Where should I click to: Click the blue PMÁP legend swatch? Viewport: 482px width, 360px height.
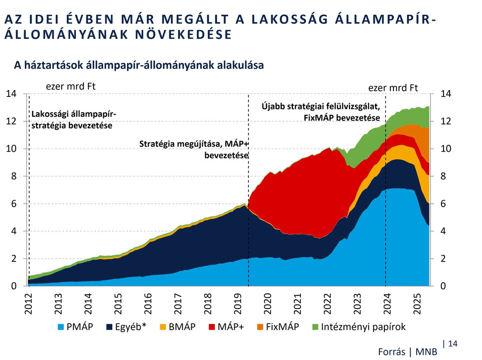[62, 327]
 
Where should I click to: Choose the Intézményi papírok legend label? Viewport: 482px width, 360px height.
[363, 327]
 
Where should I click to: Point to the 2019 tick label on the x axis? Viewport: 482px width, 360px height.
[239, 303]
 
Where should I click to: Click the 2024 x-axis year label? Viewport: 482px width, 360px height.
[388, 303]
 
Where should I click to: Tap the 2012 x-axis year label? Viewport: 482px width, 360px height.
[29, 303]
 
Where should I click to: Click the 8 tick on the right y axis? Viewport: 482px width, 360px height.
[443, 176]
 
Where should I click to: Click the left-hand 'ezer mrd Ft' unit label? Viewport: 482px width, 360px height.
[70, 86]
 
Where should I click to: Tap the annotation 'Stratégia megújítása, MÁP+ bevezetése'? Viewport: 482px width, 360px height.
[194, 150]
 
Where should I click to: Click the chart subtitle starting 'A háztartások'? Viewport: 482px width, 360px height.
[139, 65]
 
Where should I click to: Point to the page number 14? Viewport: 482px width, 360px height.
[453, 344]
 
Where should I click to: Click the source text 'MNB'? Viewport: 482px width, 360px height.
[426, 352]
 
